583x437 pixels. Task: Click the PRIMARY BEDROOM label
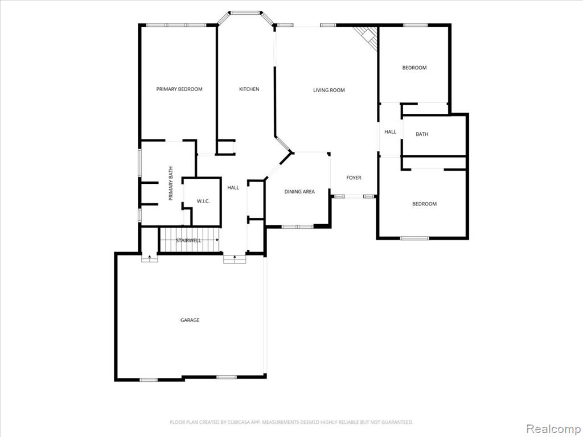coord(179,89)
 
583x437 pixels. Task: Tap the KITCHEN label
coord(249,89)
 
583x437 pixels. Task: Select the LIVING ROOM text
coord(329,90)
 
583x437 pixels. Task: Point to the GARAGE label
coord(190,320)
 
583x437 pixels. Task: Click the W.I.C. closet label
coord(203,201)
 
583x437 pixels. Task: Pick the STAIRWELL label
coord(188,241)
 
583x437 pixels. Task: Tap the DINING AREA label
coord(299,192)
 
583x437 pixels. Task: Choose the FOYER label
coord(354,178)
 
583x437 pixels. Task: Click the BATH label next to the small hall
coord(422,134)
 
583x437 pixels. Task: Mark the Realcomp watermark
coord(553,428)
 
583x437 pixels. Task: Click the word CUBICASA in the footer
coord(238,422)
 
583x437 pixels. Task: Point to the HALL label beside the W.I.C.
coord(233,188)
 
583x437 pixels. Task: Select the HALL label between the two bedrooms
coord(391,132)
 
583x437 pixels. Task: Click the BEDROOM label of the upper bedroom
coord(414,68)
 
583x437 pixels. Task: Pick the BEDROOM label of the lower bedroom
coord(425,204)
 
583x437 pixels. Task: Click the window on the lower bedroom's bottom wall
coord(414,238)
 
